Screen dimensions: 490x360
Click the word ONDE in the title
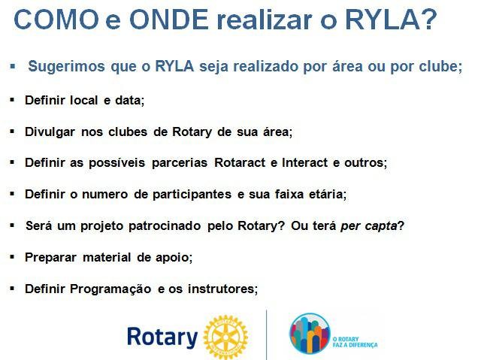169,20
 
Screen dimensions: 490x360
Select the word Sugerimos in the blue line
66,67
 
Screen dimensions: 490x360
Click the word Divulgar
50,132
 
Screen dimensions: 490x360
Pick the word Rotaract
240,163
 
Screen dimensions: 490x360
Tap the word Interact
304,163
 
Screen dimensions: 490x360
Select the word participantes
192,195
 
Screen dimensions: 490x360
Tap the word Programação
110,289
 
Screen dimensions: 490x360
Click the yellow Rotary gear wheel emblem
225,337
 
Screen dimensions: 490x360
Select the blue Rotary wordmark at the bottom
162,337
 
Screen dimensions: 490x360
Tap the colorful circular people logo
310,334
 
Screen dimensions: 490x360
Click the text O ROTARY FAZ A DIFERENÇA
355,342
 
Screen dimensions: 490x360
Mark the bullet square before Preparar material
12,257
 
